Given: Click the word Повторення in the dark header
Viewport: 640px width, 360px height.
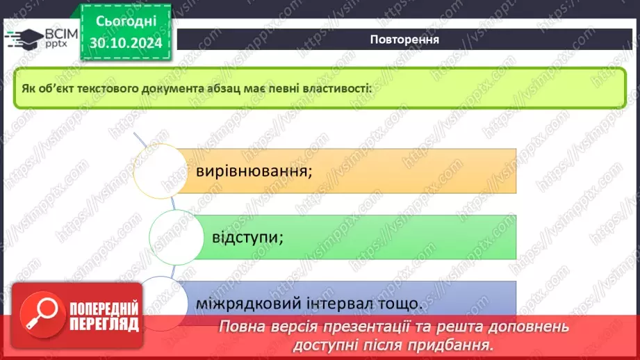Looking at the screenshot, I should point(404,39).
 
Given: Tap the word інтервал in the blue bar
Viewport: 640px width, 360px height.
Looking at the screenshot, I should point(352,304).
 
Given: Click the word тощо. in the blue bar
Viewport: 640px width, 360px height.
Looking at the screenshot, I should point(404,304).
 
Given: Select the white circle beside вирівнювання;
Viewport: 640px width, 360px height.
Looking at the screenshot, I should point(161,170).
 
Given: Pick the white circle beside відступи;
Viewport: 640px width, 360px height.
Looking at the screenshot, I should point(176,237).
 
